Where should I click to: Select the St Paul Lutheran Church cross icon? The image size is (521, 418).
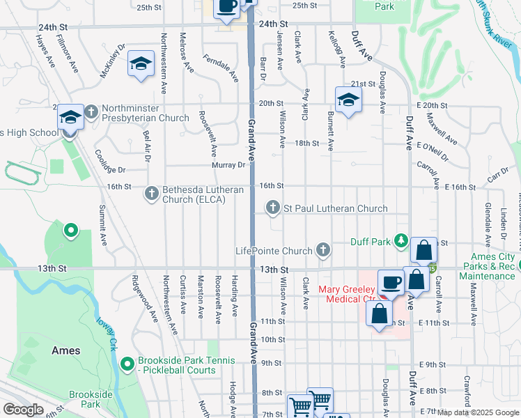tap(273, 208)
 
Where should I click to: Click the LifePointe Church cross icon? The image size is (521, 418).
tap(322, 249)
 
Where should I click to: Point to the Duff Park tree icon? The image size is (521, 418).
tap(401, 241)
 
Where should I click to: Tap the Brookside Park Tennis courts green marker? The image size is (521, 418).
tap(127, 364)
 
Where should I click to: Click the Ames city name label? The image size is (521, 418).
tap(65, 350)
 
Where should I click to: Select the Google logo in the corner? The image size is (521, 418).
tap(23, 410)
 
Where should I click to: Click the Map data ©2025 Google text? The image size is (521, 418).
tap(478, 412)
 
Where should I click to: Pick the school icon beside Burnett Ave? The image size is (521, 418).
tap(348, 100)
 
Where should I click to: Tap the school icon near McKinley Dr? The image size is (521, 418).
tap(141, 65)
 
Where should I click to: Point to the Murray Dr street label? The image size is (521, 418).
tap(229, 165)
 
